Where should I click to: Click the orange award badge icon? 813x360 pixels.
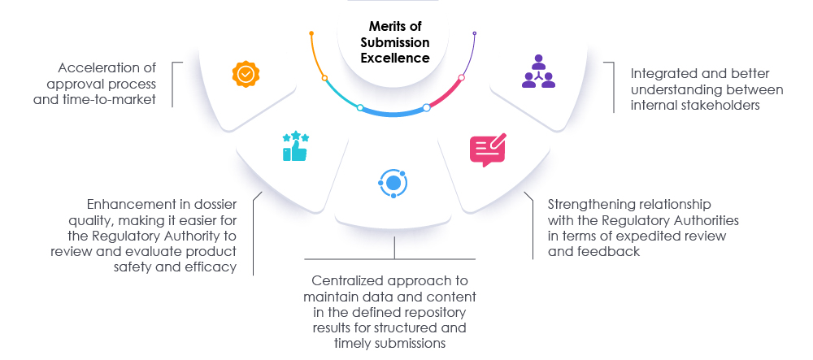pyautogui.click(x=246, y=74)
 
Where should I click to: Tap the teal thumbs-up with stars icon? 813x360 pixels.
pyautogui.click(x=295, y=145)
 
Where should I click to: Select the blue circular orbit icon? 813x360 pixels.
pyautogui.click(x=393, y=183)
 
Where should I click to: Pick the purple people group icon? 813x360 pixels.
pyautogui.click(x=537, y=72)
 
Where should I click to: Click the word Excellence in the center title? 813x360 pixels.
pyautogui.click(x=396, y=58)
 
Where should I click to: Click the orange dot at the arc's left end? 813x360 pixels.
pyautogui.click(x=311, y=33)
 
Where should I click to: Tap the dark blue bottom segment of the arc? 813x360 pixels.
pyautogui.click(x=393, y=113)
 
